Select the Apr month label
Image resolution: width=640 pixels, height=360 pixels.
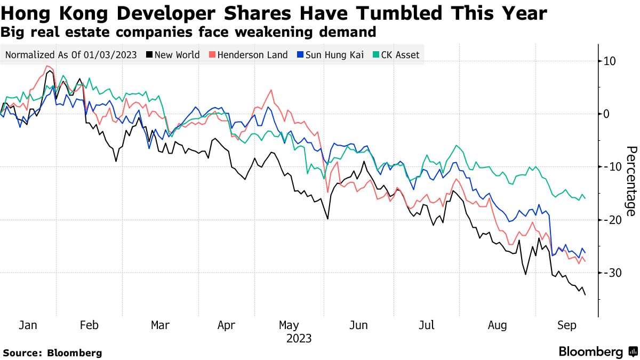pyautogui.click(x=227, y=325)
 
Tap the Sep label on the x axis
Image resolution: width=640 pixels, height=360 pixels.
pyautogui.click(x=566, y=325)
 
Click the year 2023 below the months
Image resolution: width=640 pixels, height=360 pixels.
pyautogui.click(x=299, y=339)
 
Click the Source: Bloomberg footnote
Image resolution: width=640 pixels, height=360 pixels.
pyautogui.click(x=52, y=353)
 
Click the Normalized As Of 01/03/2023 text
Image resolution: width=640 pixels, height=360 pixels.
pyautogui.click(x=70, y=55)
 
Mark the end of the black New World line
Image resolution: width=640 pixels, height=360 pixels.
pyautogui.click(x=585, y=294)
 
